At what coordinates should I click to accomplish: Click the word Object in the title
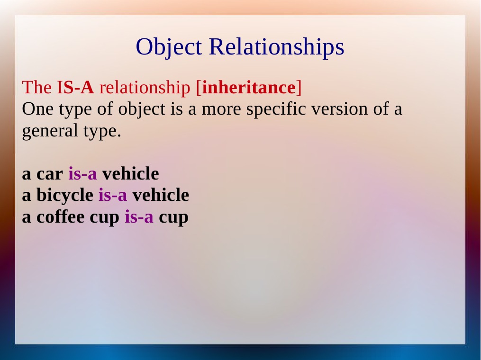169,47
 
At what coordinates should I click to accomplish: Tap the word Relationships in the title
277,47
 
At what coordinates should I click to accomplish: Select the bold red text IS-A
75,87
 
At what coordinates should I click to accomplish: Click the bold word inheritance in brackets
249,87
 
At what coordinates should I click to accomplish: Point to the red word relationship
145,87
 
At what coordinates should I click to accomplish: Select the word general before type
50,131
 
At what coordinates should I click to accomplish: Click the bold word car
50,174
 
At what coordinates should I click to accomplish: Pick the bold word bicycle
65,195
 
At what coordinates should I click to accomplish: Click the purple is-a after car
82,173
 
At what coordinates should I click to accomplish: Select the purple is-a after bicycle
113,195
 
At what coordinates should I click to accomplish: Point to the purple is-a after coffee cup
139,216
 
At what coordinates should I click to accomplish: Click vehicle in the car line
130,173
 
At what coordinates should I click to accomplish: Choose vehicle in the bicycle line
161,195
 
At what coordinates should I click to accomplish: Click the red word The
37,87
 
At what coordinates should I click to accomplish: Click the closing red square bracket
299,88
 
